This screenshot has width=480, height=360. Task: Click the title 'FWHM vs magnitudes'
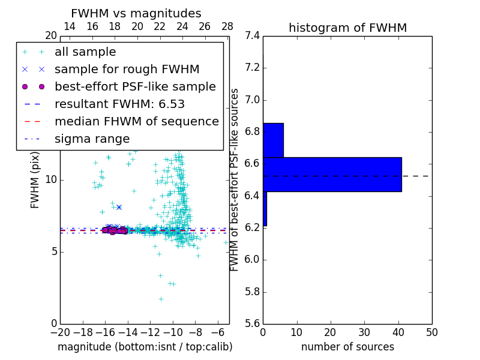point(136,14)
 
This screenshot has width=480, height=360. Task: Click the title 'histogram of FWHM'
point(347,28)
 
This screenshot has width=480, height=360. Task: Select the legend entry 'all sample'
point(85,52)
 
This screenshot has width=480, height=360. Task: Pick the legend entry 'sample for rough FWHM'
point(127,70)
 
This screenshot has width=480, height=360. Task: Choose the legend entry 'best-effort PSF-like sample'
point(135,87)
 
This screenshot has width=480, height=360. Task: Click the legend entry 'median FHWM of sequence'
point(136,122)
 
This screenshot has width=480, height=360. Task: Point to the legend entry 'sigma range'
point(92,139)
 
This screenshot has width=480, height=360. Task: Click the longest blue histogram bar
point(332,175)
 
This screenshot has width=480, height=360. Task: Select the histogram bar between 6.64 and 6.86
point(273,140)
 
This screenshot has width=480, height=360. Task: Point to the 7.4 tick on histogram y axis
point(252,36)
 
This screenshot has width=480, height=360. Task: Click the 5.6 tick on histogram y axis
point(252,324)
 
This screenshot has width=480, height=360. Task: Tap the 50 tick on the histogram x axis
point(431,332)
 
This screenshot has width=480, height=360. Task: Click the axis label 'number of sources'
point(347,347)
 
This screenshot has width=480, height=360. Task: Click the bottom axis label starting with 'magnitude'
point(145,347)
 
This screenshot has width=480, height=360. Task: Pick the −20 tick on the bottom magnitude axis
point(60,332)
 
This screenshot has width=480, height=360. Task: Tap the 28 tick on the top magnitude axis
point(227,27)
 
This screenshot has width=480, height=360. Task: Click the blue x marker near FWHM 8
point(119,208)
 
